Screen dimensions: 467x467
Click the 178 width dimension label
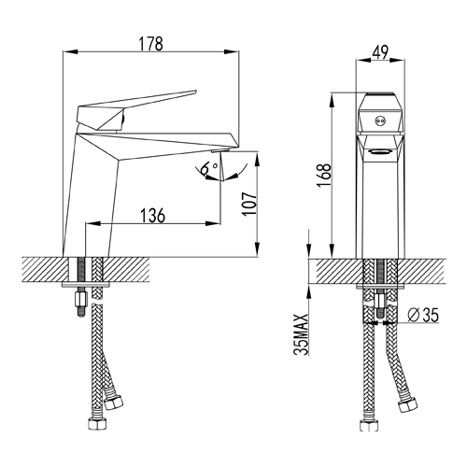tap(150, 44)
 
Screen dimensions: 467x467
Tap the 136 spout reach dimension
tap(152, 216)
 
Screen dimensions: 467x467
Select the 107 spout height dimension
tap(249, 204)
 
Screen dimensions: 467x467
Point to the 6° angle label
tap(209, 168)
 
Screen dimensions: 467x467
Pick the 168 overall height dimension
tap(324, 176)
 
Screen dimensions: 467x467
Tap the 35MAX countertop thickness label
tap(301, 334)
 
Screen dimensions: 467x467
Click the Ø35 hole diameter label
tap(423, 315)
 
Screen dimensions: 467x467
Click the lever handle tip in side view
tap(195, 92)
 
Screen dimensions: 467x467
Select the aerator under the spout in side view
tap(220, 150)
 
